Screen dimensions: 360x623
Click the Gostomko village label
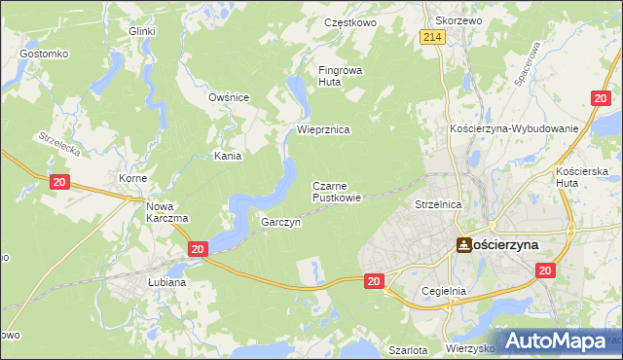click(42, 53)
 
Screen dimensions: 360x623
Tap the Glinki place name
click(142, 30)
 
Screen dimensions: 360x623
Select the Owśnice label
click(230, 97)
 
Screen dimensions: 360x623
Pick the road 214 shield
click(434, 37)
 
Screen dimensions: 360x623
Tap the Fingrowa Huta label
click(339, 76)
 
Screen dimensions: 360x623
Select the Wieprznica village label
click(323, 129)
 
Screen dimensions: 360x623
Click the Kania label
click(228, 156)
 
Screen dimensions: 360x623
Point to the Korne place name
click(132, 180)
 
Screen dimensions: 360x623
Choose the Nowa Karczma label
click(166, 212)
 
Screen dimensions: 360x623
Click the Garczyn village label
click(281, 222)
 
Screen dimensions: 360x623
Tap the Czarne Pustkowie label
click(337, 191)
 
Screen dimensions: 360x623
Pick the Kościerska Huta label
click(581, 177)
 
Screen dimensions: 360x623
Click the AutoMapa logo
click(556, 342)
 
